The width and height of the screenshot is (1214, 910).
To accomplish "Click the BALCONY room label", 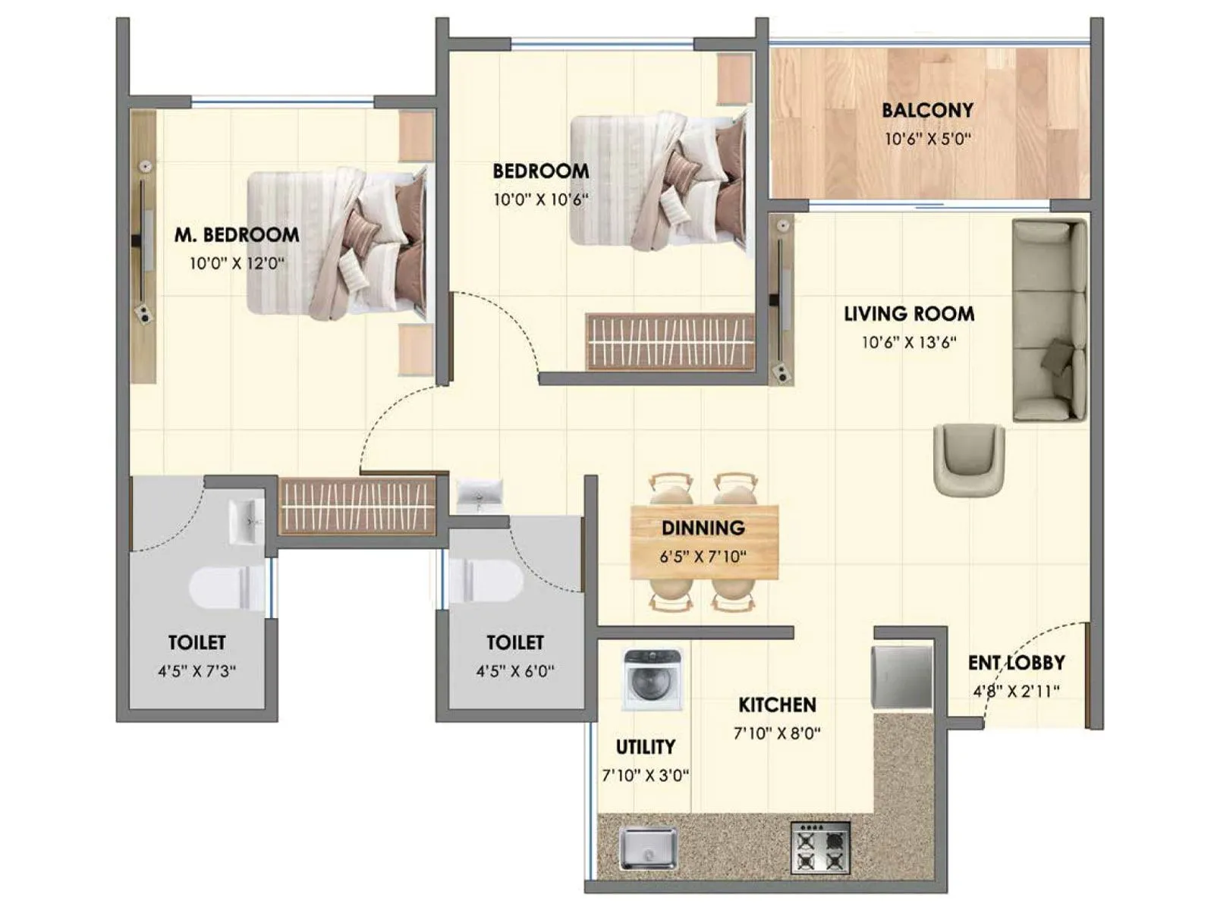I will pyautogui.click(x=926, y=111).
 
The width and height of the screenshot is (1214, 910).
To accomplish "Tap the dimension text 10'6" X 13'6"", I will pyautogui.click(x=908, y=342).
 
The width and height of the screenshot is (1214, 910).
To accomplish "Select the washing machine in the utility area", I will pyautogui.click(x=652, y=679).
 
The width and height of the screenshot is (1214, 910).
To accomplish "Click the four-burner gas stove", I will pyautogui.click(x=819, y=848).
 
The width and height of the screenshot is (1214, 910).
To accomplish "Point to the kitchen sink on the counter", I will pyautogui.click(x=647, y=848).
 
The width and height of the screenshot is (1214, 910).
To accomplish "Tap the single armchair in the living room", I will pyautogui.click(x=969, y=460).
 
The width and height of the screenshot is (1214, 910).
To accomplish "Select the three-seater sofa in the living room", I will pyautogui.click(x=1049, y=320).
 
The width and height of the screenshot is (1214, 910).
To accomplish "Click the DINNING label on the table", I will pyautogui.click(x=703, y=528).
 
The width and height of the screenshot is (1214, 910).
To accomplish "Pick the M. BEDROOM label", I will pyautogui.click(x=237, y=235).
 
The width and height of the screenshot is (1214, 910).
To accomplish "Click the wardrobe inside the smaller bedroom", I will pyautogui.click(x=670, y=341).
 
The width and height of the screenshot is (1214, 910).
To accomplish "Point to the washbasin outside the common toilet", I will pyautogui.click(x=479, y=494).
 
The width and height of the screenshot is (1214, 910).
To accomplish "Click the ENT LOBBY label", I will pyautogui.click(x=1016, y=663).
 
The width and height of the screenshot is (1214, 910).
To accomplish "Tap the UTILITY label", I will pyautogui.click(x=645, y=747).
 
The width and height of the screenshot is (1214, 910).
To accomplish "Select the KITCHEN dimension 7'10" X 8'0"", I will pyautogui.click(x=777, y=733).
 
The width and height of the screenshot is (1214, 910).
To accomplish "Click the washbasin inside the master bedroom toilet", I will pyautogui.click(x=246, y=520).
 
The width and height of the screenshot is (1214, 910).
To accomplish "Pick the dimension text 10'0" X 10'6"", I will pyautogui.click(x=540, y=200).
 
